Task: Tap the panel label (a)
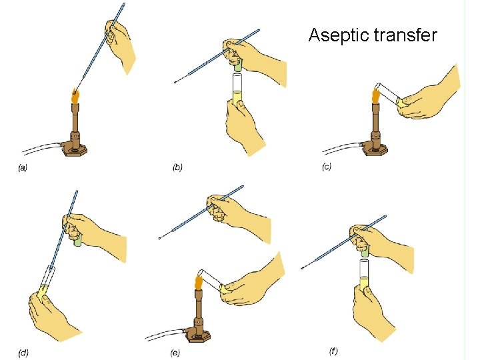[23, 168]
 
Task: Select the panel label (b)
[177, 167]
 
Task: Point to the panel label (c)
[327, 167]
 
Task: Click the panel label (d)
[23, 351]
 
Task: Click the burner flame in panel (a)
[75, 97]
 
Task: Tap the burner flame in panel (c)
[375, 96]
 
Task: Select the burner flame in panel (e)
[198, 279]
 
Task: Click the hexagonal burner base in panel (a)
[75, 149]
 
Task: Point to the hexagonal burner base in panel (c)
[375, 149]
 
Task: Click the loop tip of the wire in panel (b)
[175, 83]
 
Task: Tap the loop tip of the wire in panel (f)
[303, 269]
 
